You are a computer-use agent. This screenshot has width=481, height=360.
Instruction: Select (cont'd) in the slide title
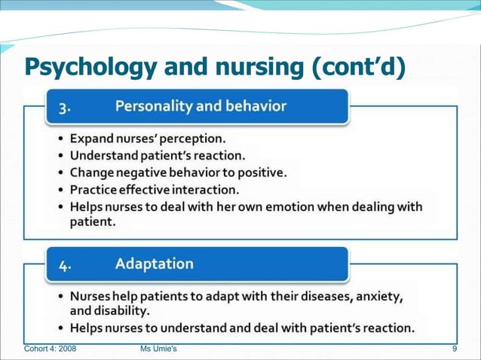(359, 67)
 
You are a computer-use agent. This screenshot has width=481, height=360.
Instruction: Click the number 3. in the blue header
(66, 107)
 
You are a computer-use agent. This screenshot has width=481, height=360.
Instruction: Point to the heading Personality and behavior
(201, 106)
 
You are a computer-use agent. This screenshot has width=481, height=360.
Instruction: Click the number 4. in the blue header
(66, 265)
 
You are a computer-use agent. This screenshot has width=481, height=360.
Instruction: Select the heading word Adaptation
(154, 264)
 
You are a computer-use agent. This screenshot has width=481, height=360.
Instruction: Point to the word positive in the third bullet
(260, 172)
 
